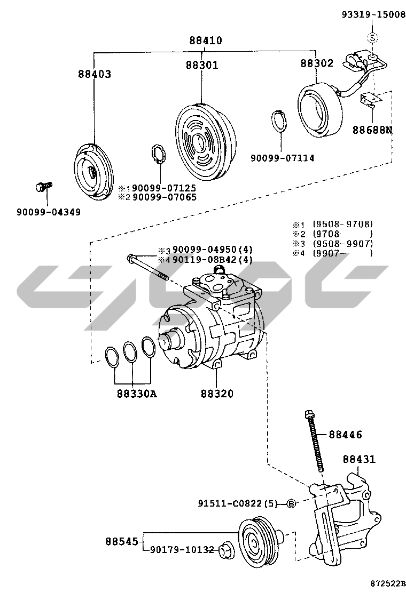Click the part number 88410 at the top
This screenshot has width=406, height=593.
[x=205, y=41]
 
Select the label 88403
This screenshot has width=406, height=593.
[x=93, y=74]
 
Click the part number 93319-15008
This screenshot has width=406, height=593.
[x=373, y=15]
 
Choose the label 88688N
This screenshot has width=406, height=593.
[x=372, y=129]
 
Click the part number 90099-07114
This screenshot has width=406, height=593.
[x=282, y=158]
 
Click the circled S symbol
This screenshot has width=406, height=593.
[x=373, y=37]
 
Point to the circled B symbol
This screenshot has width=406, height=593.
[x=291, y=503]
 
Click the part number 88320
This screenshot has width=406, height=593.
[x=217, y=395]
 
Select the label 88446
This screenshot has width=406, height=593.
[x=345, y=435]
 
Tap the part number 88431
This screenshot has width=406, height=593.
[x=359, y=459]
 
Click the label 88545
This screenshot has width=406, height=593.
[x=121, y=541]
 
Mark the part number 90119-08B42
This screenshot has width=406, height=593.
[x=205, y=260]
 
